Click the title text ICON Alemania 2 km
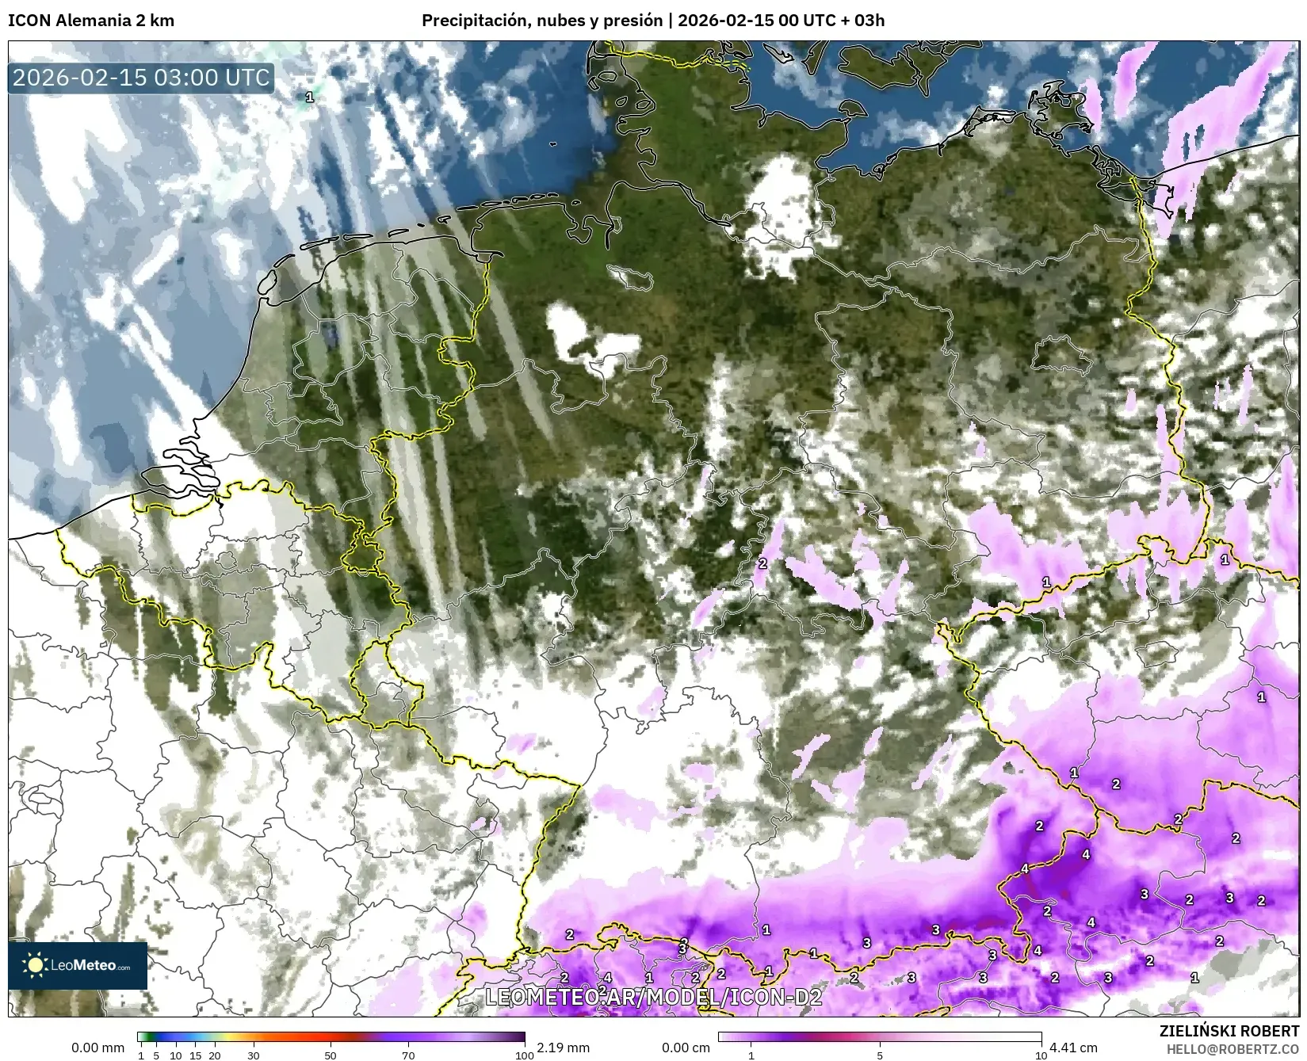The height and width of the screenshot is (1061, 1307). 90,21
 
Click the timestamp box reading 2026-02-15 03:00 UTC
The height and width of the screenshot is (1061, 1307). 141,78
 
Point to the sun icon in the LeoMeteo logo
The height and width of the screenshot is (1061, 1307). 36,964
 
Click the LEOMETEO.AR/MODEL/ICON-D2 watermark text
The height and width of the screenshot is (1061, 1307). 653,997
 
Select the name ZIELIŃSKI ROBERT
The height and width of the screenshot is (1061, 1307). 1229,1032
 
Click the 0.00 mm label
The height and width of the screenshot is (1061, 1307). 97,1048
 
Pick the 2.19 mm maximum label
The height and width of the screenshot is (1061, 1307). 563,1048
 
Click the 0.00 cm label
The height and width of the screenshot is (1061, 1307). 686,1048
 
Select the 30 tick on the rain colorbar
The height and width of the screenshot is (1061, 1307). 253,1055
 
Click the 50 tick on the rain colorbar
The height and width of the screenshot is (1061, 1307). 331,1055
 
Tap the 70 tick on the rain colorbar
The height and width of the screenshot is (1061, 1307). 408,1055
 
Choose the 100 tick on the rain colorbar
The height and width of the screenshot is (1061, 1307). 524,1055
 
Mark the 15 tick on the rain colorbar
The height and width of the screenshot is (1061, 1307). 195,1055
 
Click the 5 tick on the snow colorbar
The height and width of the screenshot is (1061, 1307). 880,1055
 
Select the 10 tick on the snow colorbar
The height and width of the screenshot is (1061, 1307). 1041,1055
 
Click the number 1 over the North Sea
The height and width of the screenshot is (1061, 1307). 309,97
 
